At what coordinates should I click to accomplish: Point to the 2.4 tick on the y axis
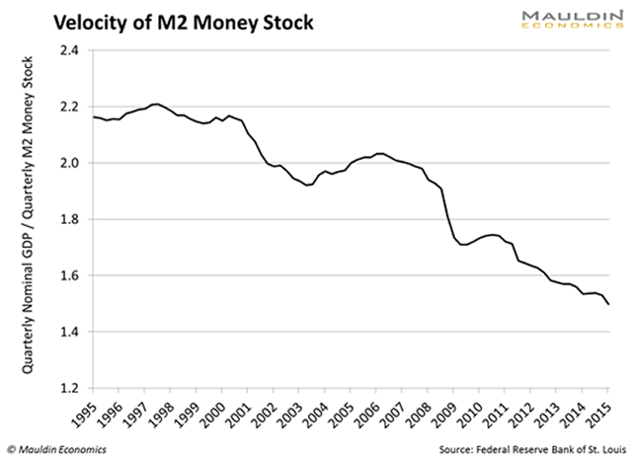[x=68, y=50]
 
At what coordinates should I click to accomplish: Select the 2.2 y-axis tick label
[x=68, y=107]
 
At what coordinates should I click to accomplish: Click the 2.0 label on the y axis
[x=68, y=163]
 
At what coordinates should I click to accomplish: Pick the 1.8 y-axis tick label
[x=68, y=219]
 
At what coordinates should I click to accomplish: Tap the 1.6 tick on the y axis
[x=68, y=276]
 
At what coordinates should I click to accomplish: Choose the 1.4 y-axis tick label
[x=68, y=332]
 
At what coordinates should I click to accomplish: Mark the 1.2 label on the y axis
[x=68, y=389]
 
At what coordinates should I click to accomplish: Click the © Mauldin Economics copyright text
[x=57, y=450]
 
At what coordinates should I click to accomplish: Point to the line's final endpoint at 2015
[x=609, y=304]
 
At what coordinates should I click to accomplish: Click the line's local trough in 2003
[x=306, y=185]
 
